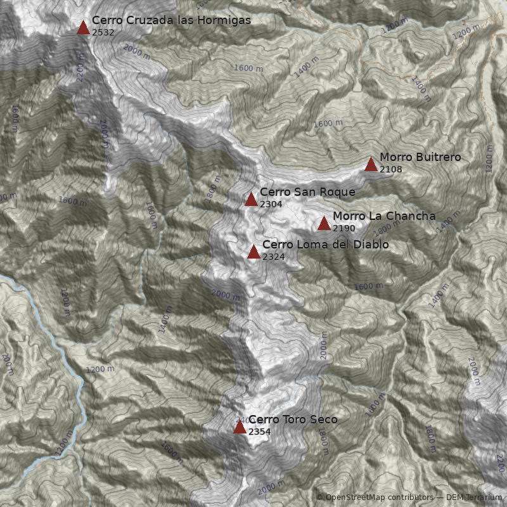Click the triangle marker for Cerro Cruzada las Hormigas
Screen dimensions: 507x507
[x=83, y=27]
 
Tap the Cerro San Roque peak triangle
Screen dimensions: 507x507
[x=251, y=200]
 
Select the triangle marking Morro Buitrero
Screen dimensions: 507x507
[x=371, y=165]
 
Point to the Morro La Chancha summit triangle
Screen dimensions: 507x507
[x=324, y=223]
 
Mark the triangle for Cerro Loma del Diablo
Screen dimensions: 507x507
[x=253, y=252]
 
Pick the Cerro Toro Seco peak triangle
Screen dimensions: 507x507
[x=240, y=427]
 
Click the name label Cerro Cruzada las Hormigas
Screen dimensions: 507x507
[x=171, y=20]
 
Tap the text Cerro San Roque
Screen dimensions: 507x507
[x=307, y=192]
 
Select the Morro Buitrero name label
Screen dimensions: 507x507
[x=420, y=157]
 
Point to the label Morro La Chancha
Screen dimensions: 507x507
[x=384, y=216]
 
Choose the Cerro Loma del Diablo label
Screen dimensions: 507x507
[x=325, y=245]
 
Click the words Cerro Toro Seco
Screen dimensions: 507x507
[x=293, y=420]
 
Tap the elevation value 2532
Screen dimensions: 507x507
[x=103, y=32]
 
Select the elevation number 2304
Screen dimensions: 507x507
[x=271, y=204]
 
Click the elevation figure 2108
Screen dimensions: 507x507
[x=391, y=169]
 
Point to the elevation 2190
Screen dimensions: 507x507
[x=344, y=228]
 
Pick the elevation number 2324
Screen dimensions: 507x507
[x=274, y=257]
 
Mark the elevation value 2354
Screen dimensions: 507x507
[x=260, y=432]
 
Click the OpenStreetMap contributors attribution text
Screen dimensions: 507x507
[x=378, y=497]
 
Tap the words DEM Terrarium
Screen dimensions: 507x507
[x=474, y=497]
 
